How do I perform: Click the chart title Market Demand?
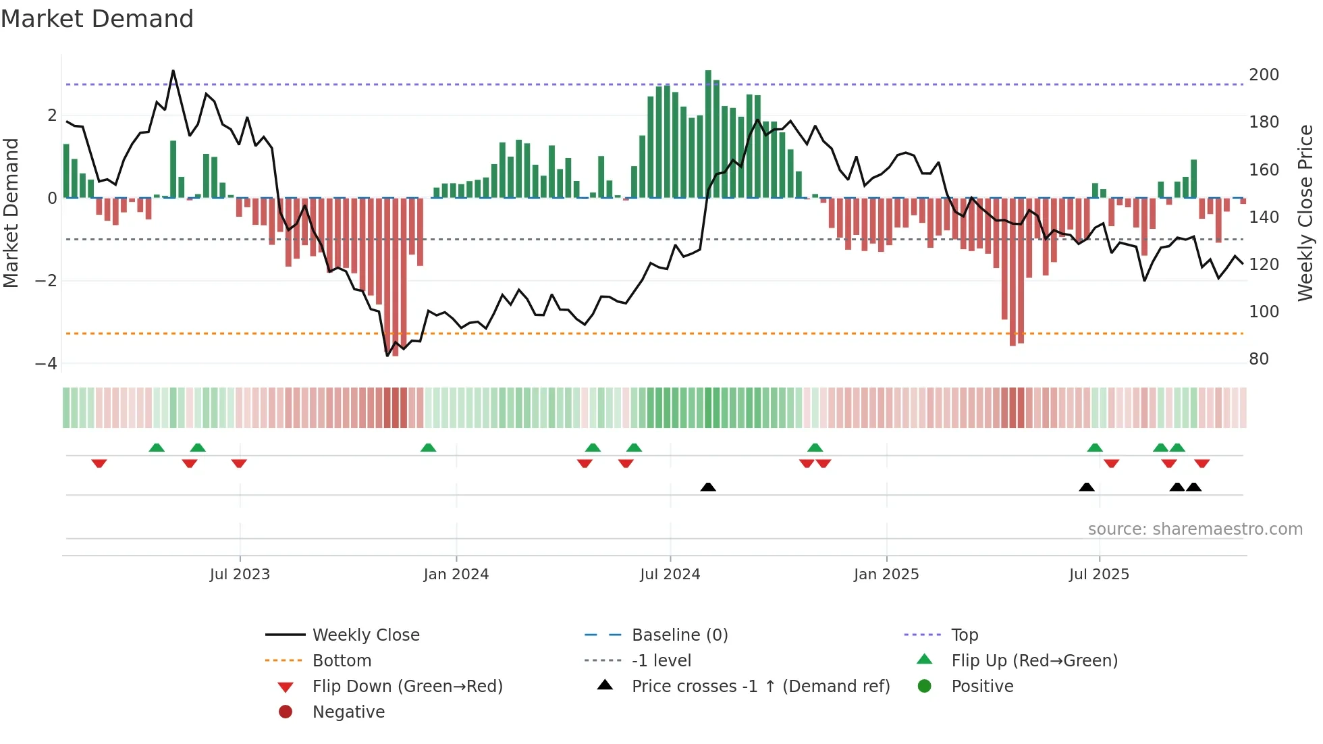click(97, 19)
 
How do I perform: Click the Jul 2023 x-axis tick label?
click(240, 575)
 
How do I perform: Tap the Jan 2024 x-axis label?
click(456, 575)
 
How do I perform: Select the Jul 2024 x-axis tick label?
click(670, 575)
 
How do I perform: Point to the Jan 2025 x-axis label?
click(886, 575)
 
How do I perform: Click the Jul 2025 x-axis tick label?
click(1099, 575)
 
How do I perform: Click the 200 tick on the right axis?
click(1264, 75)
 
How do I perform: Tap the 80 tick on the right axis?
click(1258, 359)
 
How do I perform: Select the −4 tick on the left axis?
click(46, 364)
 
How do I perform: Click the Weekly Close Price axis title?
click(1305, 213)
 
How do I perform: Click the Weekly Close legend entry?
click(365, 635)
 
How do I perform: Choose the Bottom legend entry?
click(342, 661)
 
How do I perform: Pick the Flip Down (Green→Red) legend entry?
click(407, 687)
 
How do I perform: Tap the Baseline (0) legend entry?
click(679, 635)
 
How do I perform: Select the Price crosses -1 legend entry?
click(760, 687)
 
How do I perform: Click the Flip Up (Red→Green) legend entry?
click(1034, 661)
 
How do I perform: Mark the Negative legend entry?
click(348, 712)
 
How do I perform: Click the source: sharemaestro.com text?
click(1195, 529)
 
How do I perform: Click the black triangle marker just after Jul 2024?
click(707, 487)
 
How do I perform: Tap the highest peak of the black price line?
click(173, 71)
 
